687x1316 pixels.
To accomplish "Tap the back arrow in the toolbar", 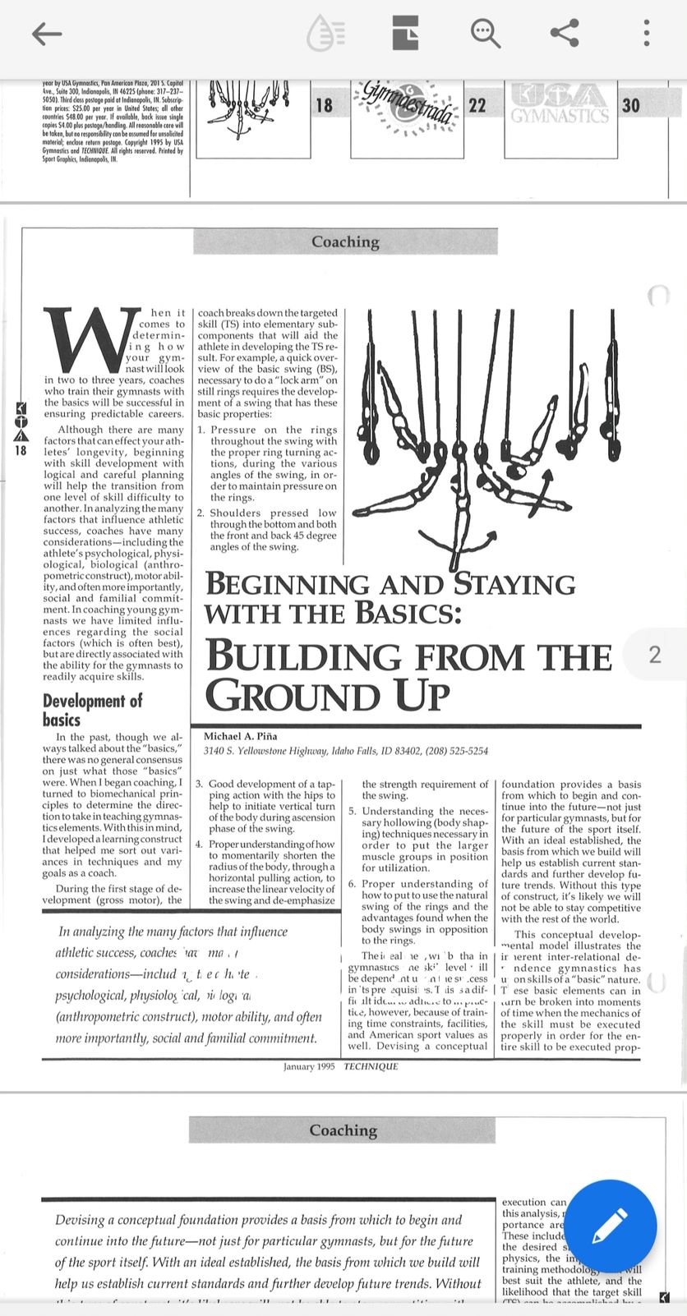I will point(47,33).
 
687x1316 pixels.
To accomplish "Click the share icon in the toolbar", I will point(565,33).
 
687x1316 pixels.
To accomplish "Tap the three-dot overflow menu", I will point(647,33).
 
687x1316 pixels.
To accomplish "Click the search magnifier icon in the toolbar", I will point(485,33).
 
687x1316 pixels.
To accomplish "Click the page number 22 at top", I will point(477,106).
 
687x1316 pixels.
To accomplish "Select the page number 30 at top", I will point(630,106).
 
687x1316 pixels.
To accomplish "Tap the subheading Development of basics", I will point(92,710).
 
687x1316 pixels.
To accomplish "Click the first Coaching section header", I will point(345,242).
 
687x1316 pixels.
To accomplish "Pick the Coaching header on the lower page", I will point(343,1130).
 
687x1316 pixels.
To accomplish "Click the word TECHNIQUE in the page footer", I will point(371,1066).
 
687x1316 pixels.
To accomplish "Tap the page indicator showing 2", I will point(655,655).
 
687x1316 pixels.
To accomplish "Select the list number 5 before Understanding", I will point(352,812).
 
